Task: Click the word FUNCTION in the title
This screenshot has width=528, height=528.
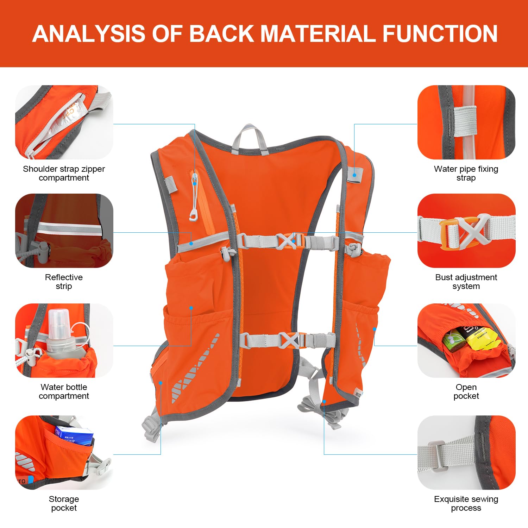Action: [x=440, y=34]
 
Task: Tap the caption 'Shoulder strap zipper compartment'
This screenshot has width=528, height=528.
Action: [x=64, y=173]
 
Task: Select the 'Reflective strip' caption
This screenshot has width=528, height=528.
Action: [x=64, y=282]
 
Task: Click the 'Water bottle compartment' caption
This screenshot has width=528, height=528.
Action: [x=64, y=391]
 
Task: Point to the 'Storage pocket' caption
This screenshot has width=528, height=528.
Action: [x=64, y=503]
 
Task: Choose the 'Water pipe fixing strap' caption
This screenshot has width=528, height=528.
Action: [x=466, y=173]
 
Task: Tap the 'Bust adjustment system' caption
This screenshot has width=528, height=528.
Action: [x=466, y=282]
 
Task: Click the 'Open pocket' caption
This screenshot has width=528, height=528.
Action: [x=466, y=391]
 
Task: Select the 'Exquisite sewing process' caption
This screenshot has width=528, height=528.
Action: [x=466, y=503]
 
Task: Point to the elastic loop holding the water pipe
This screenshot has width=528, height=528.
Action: [x=465, y=121]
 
